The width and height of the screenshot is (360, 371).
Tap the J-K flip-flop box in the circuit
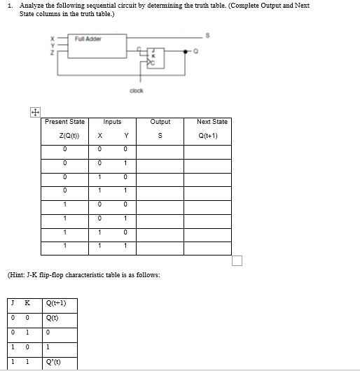[x=153, y=57]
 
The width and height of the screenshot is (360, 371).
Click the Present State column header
[x=64, y=122]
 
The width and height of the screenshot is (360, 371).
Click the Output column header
[x=161, y=122]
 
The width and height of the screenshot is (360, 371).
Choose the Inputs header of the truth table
[x=112, y=122]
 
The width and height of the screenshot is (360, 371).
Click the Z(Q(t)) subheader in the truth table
[x=64, y=136]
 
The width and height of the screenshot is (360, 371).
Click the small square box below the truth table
[x=237, y=262]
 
